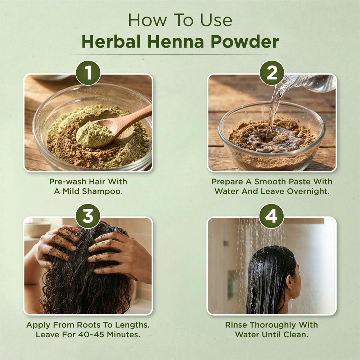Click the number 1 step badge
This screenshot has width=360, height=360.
pos(88,73)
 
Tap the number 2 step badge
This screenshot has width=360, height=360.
pos(272,73)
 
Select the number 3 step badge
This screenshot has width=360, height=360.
pos(88,216)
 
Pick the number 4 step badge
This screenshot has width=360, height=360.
pos(272,216)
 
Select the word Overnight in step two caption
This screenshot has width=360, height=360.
pos(308,192)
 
